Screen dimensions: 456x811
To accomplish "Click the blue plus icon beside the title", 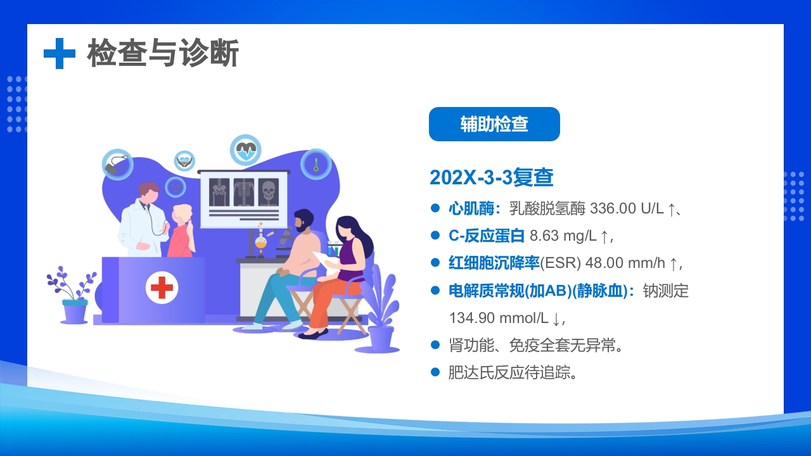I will [x=60, y=53].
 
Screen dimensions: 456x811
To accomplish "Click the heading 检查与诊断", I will [x=163, y=53].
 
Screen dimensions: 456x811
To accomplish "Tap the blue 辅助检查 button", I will [x=494, y=124].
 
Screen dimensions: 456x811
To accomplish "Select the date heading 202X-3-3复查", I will [x=492, y=178].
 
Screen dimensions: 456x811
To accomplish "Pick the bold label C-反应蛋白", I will [x=487, y=236].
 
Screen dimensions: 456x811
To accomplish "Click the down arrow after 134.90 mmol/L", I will [x=556, y=318].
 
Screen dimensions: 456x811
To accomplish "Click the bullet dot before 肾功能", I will [x=435, y=345].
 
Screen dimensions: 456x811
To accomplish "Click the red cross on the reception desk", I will [x=162, y=288].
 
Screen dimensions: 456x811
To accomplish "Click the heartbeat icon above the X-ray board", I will [x=245, y=150].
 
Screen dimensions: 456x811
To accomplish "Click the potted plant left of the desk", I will [x=73, y=298].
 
